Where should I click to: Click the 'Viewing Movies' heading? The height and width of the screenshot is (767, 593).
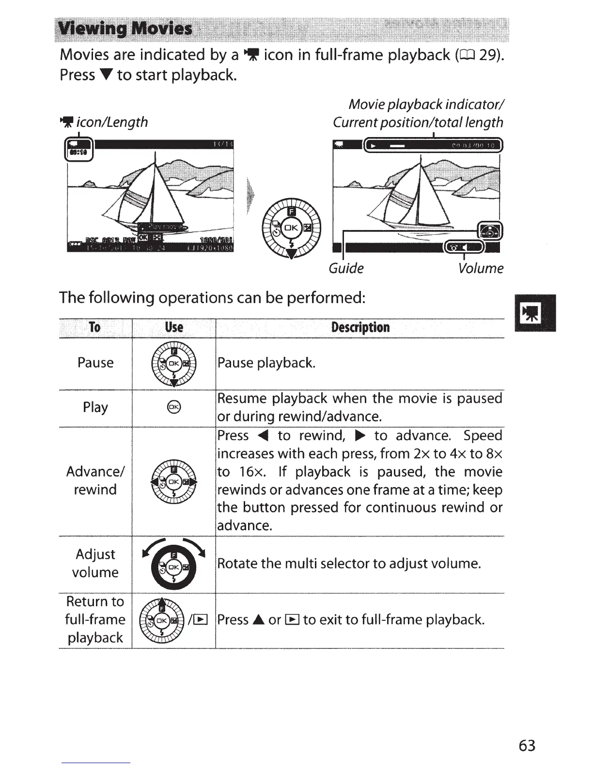point(125,29)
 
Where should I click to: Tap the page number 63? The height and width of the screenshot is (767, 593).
point(527,745)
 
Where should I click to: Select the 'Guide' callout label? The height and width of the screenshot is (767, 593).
point(346,268)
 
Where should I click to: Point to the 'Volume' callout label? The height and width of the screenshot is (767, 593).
point(481,268)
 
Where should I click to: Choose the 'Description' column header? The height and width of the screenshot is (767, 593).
point(360,327)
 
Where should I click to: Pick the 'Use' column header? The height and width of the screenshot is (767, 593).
point(174,327)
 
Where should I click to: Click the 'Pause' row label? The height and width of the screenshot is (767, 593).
point(95,363)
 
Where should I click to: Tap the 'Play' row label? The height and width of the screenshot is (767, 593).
point(95,407)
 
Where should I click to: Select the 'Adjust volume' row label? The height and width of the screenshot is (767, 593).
point(95,563)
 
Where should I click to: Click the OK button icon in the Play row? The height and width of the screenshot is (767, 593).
point(174,408)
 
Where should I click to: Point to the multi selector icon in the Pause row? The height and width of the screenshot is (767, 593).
point(174,364)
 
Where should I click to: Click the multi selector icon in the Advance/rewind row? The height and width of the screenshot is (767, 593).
point(174,482)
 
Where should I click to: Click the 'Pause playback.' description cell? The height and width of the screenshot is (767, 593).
point(266,363)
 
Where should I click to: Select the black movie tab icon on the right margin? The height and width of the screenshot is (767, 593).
point(536,313)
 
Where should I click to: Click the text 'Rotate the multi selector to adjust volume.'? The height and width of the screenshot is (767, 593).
point(349,564)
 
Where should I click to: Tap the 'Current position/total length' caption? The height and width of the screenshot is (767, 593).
point(418,122)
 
